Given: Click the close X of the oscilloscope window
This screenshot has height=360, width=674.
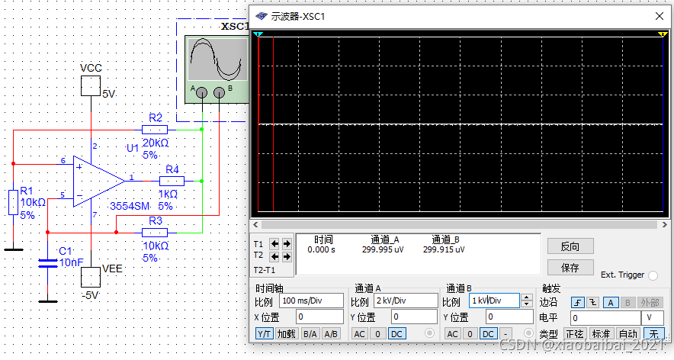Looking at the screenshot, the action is pos(658,15).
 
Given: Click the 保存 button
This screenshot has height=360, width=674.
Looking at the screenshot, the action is pos(570,268).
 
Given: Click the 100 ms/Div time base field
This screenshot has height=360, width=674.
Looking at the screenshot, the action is pos(310,301).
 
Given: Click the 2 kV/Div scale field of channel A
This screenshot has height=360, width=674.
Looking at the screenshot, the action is pos(405,301).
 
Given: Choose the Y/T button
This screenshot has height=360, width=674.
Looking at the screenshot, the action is pos(264,333).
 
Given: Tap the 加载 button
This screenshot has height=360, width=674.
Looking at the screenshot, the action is pos(286,333).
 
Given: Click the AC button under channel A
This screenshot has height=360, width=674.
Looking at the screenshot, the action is pos(359,333).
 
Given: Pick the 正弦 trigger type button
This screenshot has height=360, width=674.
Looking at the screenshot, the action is pos(573,333).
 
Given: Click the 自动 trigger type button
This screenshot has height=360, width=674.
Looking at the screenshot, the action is pos(627,333).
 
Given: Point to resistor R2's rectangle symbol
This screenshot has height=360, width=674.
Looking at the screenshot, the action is pos(156,130).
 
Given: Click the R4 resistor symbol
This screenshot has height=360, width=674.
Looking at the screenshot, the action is pos(172,182).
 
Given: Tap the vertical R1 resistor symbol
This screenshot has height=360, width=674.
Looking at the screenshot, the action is pos(13,203).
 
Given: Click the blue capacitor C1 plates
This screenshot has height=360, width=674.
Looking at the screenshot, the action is pos(48,264).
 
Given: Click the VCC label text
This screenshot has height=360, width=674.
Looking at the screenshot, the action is pos(91,69).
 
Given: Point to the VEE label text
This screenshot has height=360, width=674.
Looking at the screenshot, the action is pos(113,268).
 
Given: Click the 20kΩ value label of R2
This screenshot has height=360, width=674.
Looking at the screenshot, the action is pos(155,143).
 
